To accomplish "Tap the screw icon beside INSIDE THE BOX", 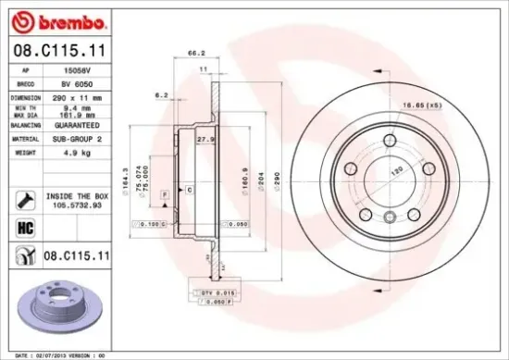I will point(23,198).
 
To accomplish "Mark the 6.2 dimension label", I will point(161,95).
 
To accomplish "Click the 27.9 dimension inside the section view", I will point(205,139).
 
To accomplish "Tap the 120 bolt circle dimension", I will point(399,172).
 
